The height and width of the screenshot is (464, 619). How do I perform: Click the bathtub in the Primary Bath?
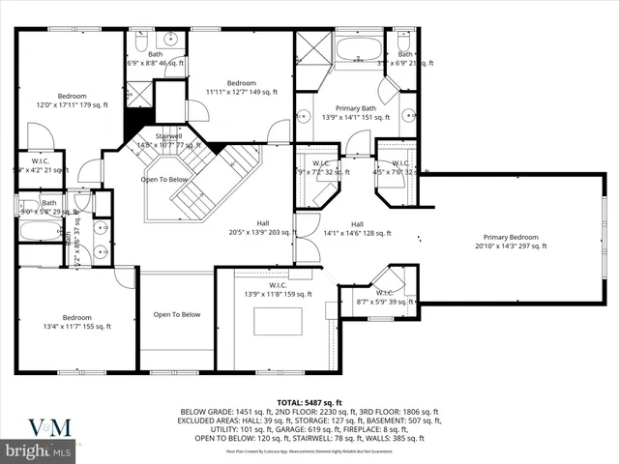click(x=358, y=50)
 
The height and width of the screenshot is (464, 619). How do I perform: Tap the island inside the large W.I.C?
click(x=278, y=322)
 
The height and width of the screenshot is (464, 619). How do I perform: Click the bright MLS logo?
click(x=39, y=450)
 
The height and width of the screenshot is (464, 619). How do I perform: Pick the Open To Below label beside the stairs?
click(x=164, y=180)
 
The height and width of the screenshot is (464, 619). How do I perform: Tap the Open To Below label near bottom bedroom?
click(x=176, y=314)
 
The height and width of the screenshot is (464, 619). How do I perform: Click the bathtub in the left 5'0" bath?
click(x=39, y=231)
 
